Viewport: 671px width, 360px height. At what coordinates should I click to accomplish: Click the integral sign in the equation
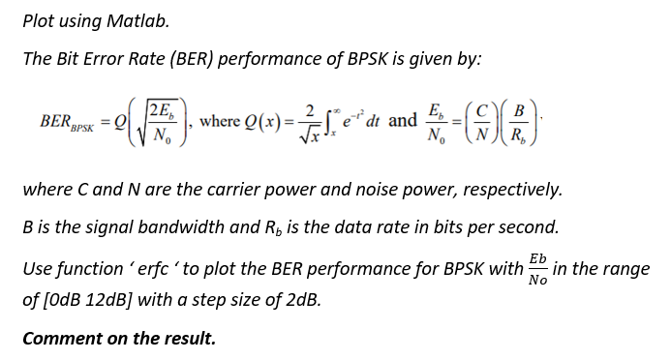point(325,121)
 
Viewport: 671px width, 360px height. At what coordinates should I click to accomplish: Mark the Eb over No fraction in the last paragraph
point(536,268)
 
